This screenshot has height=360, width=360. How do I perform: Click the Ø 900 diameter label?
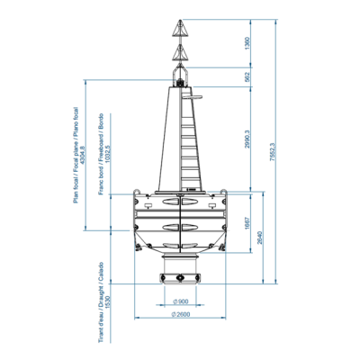(x=180, y=300)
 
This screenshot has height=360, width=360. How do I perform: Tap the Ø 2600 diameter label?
(x=180, y=314)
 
